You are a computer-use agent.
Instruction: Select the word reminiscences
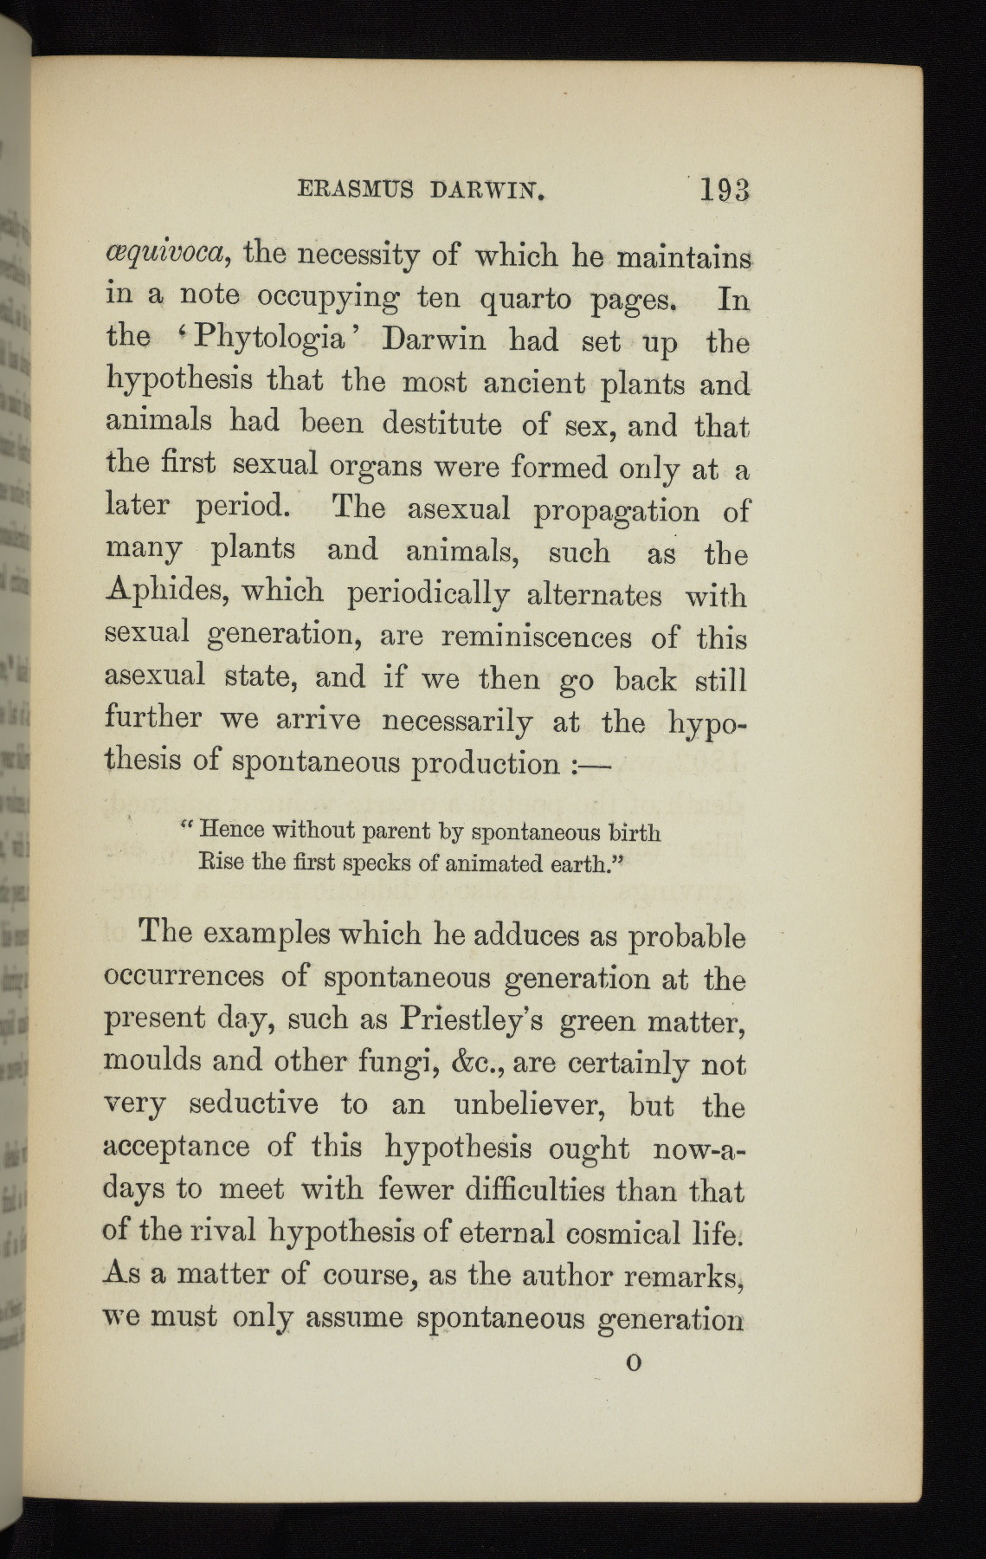click(536, 638)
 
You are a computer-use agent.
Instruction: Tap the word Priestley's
click(472, 1021)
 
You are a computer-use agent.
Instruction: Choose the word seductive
click(254, 1105)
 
